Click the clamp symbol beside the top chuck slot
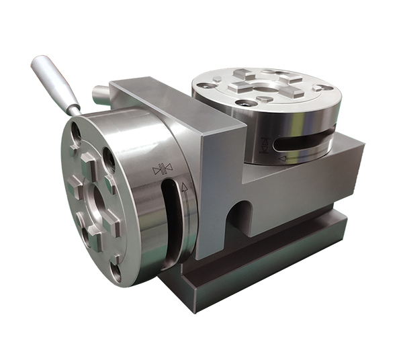click(263, 143)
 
